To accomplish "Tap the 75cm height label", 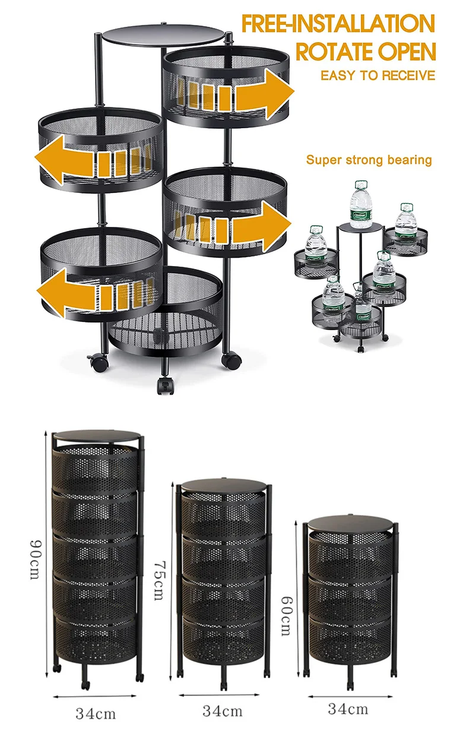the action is [159, 581].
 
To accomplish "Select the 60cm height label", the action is [286, 616].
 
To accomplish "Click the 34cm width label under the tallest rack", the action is [96, 714].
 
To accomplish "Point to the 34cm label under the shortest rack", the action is [348, 709].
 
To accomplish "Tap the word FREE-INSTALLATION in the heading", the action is [338, 24].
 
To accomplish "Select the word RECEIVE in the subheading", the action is [409, 75].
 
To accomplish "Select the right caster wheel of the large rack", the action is [231, 360].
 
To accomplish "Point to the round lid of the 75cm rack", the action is [223, 486].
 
